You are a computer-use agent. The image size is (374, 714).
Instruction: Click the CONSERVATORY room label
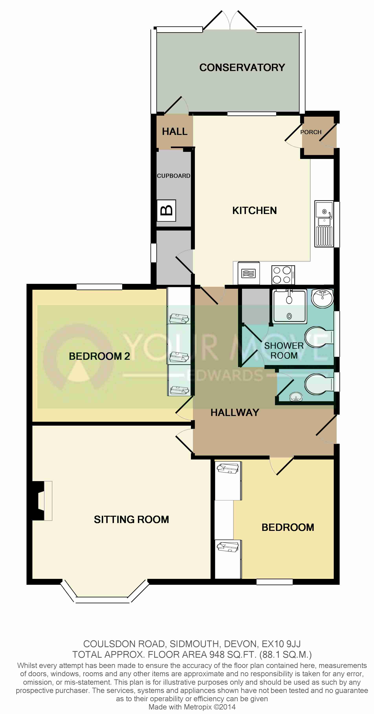(242, 67)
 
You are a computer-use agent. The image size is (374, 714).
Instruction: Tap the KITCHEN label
(254, 210)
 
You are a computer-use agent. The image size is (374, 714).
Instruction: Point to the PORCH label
(311, 132)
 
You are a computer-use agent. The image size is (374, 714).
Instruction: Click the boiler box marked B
(166, 210)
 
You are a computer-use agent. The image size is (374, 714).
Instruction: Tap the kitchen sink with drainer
(324, 224)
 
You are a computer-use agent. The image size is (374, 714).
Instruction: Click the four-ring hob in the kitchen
(283, 275)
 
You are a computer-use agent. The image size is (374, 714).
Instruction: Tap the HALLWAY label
(235, 412)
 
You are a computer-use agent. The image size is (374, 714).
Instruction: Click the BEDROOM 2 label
(99, 356)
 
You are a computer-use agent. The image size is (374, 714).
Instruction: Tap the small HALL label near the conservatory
(175, 131)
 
